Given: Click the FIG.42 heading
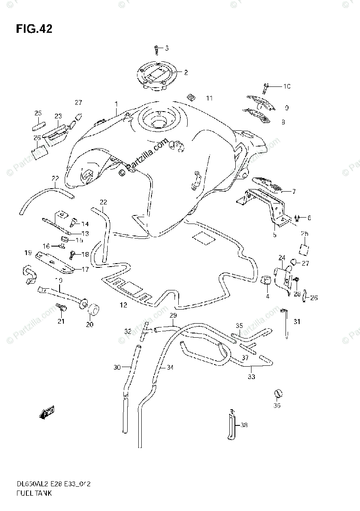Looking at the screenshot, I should point(34,29).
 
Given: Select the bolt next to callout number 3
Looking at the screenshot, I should point(157,49).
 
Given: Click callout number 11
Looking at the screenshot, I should point(209,98).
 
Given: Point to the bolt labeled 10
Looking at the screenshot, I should point(266,88).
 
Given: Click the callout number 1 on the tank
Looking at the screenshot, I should point(115,104).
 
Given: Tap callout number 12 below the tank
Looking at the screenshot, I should point(123,305).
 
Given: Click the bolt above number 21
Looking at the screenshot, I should point(60,307).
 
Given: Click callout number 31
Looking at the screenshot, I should point(297,322).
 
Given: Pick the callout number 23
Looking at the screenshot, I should point(58,116).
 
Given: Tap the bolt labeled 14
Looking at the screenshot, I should point(73,221).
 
